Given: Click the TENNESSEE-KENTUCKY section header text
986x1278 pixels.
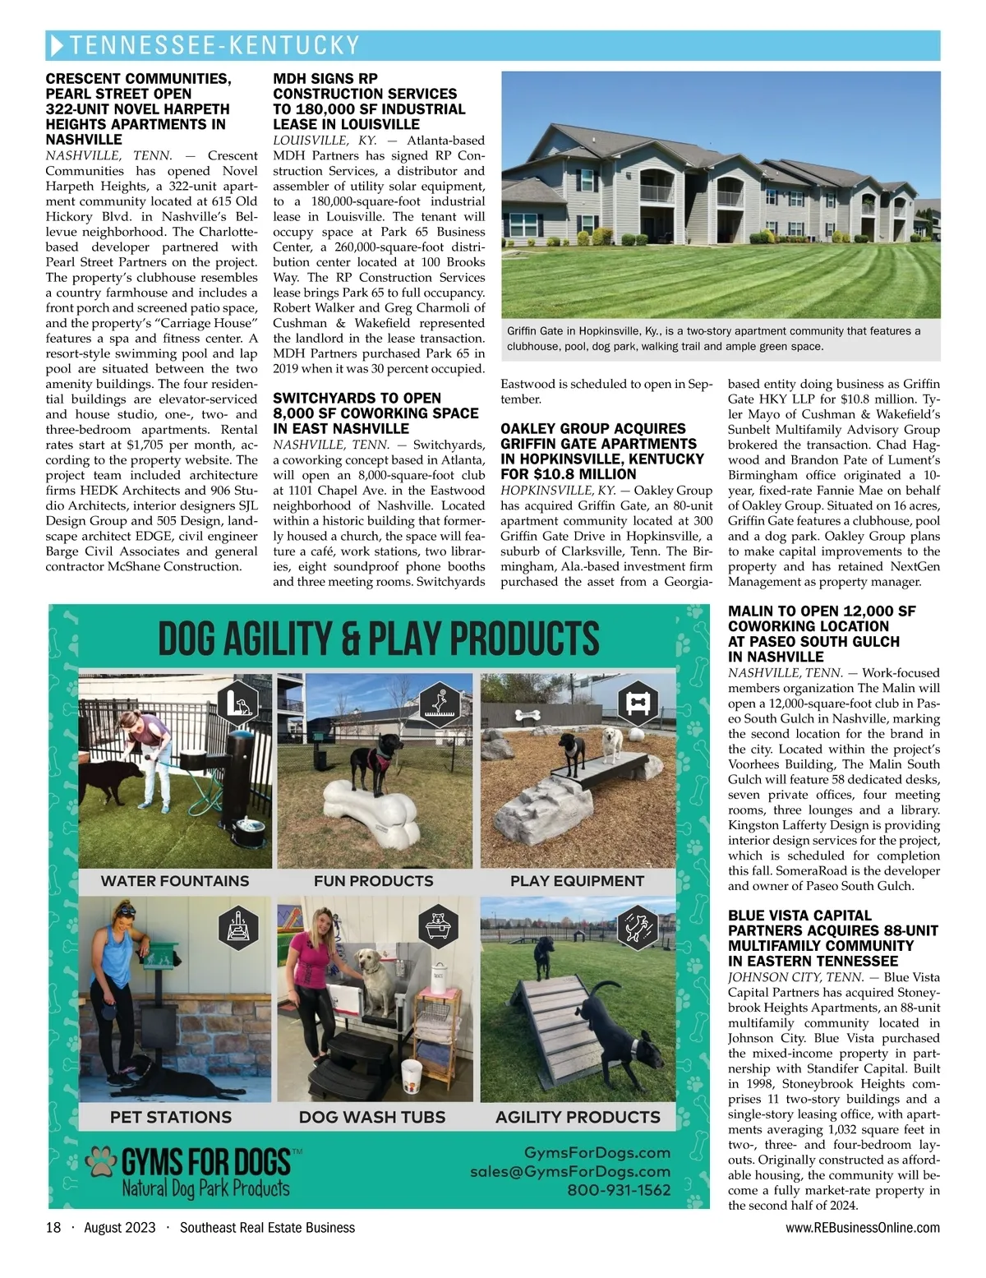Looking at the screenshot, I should (x=215, y=45).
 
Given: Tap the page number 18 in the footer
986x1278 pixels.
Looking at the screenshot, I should (x=53, y=1227).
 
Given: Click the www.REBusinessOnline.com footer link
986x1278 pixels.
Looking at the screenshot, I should (x=862, y=1227).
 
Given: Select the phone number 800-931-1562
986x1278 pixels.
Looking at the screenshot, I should (x=618, y=1189).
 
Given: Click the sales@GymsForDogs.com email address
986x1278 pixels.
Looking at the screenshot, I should (x=569, y=1171).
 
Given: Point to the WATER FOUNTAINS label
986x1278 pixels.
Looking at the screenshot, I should (x=174, y=881).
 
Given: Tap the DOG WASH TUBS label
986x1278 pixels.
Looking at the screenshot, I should (x=371, y=1117).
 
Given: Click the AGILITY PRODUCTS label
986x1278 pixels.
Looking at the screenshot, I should (x=577, y=1117).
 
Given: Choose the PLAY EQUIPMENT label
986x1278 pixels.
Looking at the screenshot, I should (x=577, y=881).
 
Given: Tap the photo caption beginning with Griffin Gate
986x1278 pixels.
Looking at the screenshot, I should (x=713, y=339).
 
